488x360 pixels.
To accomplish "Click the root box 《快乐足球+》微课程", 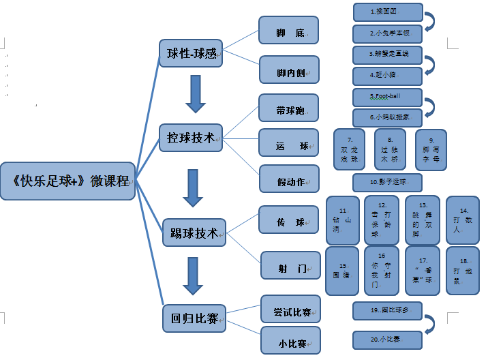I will [70, 181].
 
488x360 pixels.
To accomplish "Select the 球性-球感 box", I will [192, 52].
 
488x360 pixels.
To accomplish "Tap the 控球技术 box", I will [192, 138].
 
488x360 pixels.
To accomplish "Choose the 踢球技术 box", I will [194, 233].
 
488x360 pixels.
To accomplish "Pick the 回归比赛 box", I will [194, 318].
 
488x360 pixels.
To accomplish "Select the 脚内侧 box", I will [289, 70].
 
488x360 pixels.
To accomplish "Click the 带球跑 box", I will [289, 109].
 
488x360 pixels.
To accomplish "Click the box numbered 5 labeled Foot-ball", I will [387, 97].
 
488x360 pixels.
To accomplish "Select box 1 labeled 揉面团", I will [387, 12].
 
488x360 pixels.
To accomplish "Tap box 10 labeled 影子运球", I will [387, 182].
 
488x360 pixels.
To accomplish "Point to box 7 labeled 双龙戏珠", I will [350, 149].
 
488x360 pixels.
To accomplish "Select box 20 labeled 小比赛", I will [387, 339].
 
